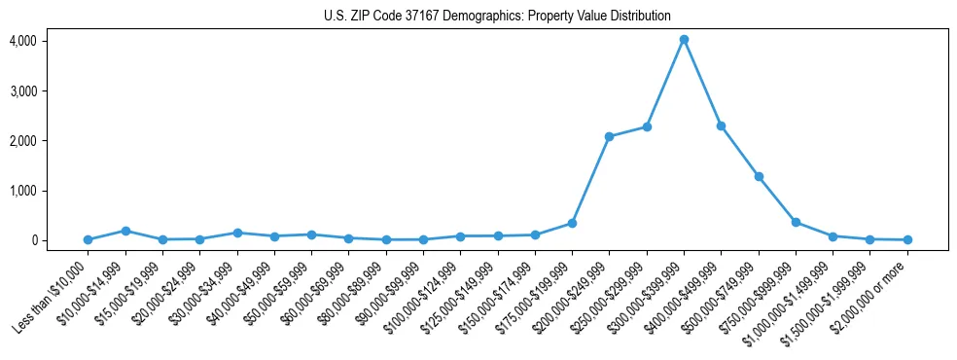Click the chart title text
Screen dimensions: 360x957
[497, 16]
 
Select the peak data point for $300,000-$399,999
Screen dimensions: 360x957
[684, 40]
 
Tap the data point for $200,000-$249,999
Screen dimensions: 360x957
[609, 136]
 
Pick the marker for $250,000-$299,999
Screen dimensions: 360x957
[647, 126]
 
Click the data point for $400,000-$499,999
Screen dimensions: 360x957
[721, 126]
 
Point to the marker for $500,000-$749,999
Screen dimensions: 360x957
[759, 176]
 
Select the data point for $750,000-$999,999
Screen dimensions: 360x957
[796, 222]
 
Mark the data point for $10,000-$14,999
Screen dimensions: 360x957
[125, 231]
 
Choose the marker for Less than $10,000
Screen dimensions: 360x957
[88, 239]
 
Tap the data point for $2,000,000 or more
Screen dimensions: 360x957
[907, 239]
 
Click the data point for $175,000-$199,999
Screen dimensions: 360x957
[572, 223]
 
